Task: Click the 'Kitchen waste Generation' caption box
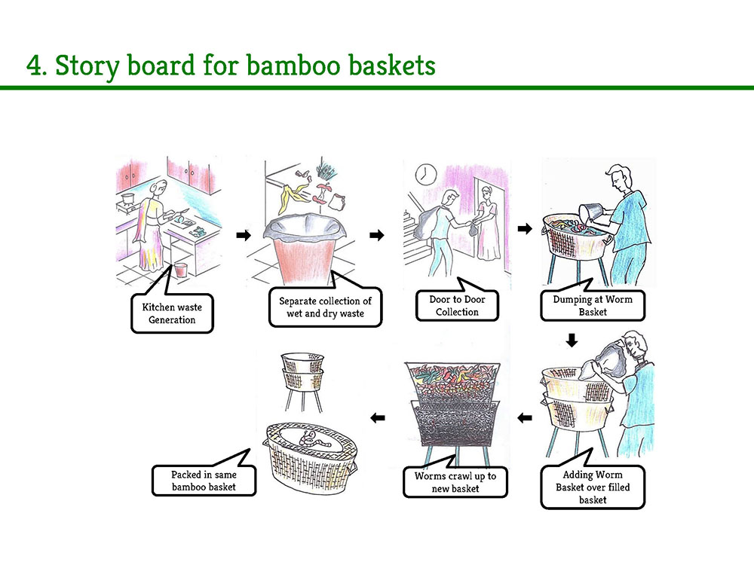pos(172,313)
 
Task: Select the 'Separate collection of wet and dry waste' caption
pos(325,307)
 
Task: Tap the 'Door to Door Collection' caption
pos(457,305)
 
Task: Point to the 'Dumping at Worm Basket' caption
pos(592,305)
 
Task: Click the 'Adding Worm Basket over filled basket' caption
pos(593,487)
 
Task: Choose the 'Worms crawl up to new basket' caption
pos(455,483)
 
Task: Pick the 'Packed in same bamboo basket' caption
pos(204,481)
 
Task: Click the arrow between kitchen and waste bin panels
pos(243,236)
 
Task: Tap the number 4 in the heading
pos(34,66)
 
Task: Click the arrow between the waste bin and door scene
pos(375,236)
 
